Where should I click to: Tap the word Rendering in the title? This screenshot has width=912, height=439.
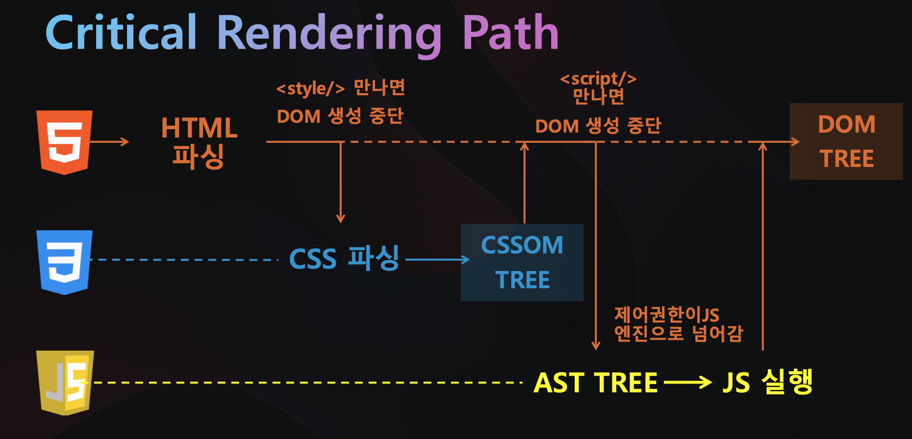(x=329, y=33)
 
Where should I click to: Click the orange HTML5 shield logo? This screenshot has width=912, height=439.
(x=64, y=142)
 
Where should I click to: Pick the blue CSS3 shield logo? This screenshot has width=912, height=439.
(x=64, y=262)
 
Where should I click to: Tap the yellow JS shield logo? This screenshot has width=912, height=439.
(x=65, y=382)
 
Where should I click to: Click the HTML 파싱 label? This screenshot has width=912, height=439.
(x=199, y=142)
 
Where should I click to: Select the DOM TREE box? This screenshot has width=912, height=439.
(x=846, y=141)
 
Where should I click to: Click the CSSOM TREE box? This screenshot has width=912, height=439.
(x=522, y=262)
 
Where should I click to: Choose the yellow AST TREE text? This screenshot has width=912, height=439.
(x=595, y=383)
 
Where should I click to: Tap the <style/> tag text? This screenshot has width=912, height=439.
(x=310, y=89)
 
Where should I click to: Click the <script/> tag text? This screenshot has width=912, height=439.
(x=598, y=79)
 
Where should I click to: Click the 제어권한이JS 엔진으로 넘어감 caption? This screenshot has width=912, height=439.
(x=679, y=324)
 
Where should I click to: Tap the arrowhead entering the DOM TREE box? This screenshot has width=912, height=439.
(x=795, y=142)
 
